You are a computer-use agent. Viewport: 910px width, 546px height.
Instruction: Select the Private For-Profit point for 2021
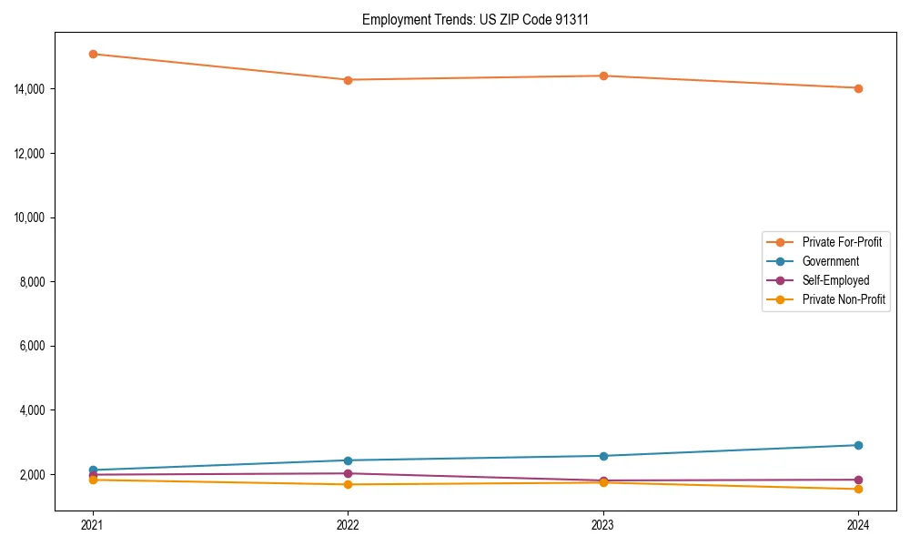pyautogui.click(x=93, y=54)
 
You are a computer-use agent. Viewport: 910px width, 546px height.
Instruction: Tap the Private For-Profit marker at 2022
pyautogui.click(x=348, y=80)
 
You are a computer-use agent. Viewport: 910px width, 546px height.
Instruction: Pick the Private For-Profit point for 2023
pyautogui.click(x=603, y=76)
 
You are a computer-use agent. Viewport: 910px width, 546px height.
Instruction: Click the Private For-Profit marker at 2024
pyautogui.click(x=858, y=88)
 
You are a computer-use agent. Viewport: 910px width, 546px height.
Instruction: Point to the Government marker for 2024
pyautogui.click(x=858, y=445)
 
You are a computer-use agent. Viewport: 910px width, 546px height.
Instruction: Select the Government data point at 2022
pyautogui.click(x=348, y=460)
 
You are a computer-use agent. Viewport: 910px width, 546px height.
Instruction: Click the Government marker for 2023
pyautogui.click(x=603, y=456)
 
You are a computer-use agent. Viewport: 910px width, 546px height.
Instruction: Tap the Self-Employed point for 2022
pyautogui.click(x=348, y=473)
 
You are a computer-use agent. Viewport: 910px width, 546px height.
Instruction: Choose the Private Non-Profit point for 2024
pyautogui.click(x=858, y=490)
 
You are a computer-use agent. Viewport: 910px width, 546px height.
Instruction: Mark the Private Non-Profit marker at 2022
pyautogui.click(x=348, y=484)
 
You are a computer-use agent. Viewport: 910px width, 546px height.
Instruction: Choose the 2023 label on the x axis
pyautogui.click(x=603, y=524)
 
